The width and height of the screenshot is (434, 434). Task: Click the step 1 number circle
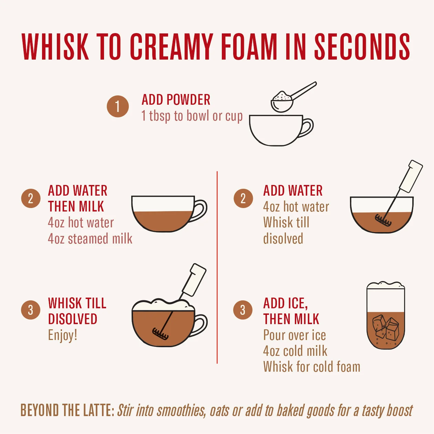coord(118,106)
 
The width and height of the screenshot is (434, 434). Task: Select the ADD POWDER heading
coord(176,100)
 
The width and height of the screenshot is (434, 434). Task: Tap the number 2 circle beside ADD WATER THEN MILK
coord(31,198)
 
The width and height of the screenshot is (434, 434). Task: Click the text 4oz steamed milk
coord(90,239)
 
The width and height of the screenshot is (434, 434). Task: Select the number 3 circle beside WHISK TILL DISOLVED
coord(31,310)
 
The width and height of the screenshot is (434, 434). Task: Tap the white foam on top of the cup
coord(163,305)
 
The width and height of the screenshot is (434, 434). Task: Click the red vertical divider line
coord(217,267)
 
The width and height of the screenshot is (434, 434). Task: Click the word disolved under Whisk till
coord(283,239)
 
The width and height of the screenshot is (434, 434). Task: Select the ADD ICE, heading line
coord(286,303)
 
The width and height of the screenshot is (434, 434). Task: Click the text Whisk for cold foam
coord(312,367)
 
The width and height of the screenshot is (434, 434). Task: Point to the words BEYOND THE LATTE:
coord(68,410)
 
